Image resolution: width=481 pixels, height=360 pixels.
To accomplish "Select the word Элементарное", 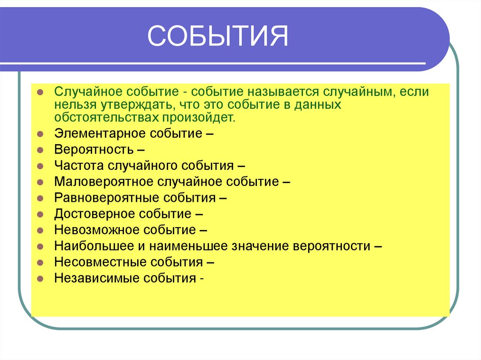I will coord(100,133).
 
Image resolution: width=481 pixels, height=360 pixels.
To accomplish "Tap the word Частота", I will coord(79,165).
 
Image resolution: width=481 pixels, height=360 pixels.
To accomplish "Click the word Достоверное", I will coord(94,214).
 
